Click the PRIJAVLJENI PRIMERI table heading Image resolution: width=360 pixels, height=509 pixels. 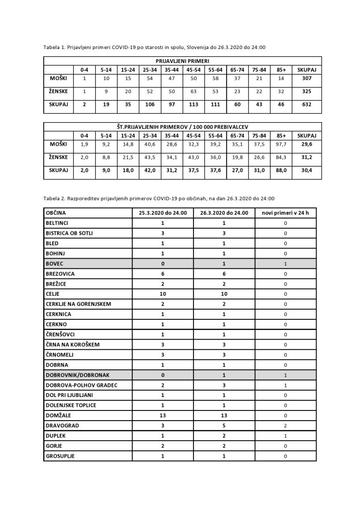click(182, 61)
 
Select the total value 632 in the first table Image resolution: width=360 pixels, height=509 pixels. click(306, 105)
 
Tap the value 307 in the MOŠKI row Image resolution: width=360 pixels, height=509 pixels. click(306, 79)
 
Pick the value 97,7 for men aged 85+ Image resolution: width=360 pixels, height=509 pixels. click(281, 144)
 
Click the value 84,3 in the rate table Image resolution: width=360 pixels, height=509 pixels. click(281, 157)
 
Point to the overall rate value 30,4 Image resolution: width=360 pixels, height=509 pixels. click(306, 170)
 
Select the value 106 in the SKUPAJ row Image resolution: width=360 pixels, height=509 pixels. click(150, 105)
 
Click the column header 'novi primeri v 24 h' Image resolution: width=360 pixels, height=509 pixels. click(286, 213)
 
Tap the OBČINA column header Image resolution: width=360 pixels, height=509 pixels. click(56, 213)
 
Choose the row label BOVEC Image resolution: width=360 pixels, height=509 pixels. click(54, 264)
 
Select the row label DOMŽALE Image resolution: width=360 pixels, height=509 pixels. click(58, 416)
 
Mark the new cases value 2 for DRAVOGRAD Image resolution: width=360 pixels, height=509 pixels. click(286, 426)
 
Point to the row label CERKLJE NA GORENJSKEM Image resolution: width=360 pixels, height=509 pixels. click(78, 304)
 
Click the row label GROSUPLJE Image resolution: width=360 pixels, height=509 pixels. click(60, 456)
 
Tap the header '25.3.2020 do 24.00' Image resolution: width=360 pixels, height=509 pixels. click(163, 213)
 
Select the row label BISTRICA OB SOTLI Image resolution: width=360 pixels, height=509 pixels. click(69, 233)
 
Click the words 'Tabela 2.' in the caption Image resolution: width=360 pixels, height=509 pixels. click(55, 199)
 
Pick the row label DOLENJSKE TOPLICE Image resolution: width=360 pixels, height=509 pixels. click(71, 405)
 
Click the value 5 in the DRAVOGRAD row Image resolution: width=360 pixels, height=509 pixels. click(224, 426)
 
